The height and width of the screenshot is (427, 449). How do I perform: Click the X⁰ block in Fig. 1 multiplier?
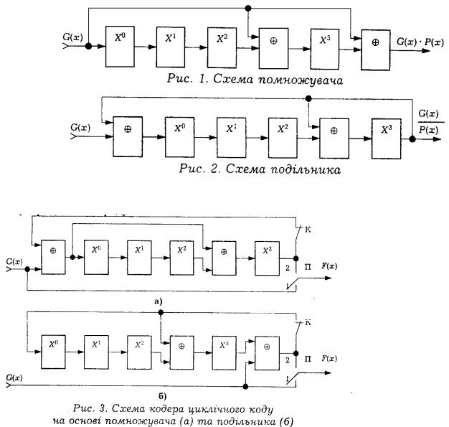tap(118, 45)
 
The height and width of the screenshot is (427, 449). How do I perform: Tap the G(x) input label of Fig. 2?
tap(80, 128)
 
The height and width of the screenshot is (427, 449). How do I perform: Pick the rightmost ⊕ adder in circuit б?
tap(266, 347)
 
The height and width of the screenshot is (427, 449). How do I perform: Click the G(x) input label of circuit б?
tap(14, 377)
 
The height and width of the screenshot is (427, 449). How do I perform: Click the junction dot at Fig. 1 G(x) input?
tap(88, 46)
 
